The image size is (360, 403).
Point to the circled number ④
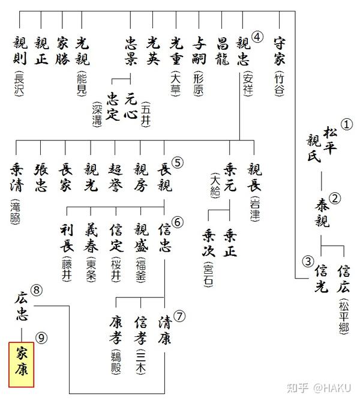(x=257, y=37)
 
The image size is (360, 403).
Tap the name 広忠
(x=21, y=306)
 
